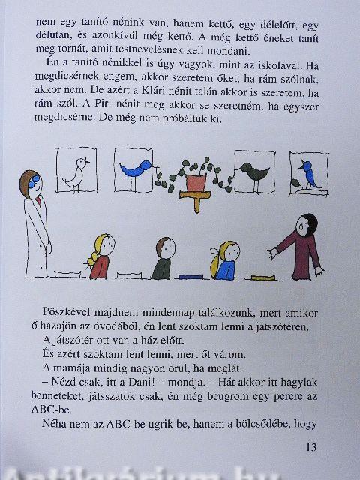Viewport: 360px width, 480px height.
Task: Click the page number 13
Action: pos(311,447)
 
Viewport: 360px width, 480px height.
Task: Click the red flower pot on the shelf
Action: pos(195,183)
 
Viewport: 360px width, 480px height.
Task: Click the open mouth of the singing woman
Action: pos(302,226)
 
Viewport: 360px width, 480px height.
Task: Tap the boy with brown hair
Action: pos(163,258)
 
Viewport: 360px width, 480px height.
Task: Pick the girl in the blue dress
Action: pos(225,260)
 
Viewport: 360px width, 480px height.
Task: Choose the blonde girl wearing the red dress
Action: pos(101,256)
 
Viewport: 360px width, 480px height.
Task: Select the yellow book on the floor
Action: pos(262,278)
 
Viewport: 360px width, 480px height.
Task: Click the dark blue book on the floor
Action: pos(190,277)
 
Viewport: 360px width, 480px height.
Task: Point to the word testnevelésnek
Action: pos(142,50)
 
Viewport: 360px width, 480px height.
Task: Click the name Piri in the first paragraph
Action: pos(103,104)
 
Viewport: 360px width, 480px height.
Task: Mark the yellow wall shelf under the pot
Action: pos(195,199)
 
